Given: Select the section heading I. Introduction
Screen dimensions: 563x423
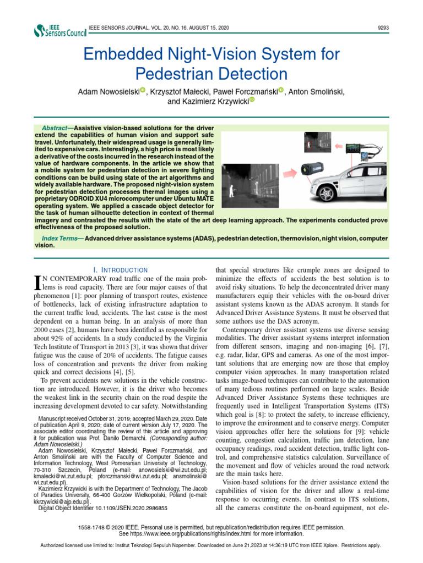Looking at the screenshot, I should (x=121, y=270).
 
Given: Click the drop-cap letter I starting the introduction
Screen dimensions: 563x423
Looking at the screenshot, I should (x=38, y=283).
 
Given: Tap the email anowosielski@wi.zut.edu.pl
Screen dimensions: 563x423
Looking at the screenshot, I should (x=172, y=471).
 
